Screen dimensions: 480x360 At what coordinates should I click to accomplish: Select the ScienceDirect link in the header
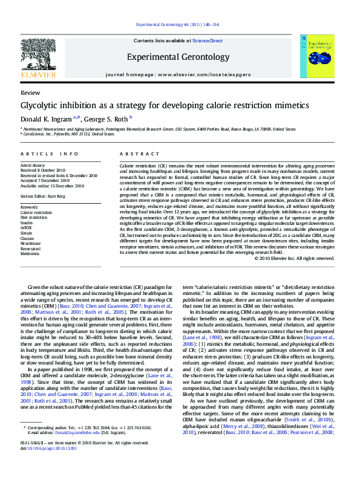(208, 41)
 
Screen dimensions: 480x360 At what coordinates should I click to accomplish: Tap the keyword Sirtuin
(27, 233)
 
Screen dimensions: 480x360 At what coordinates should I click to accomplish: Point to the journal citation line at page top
(178, 25)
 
